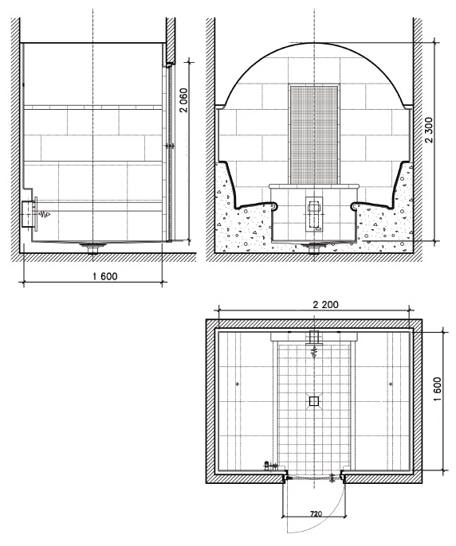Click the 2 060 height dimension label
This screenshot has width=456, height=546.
(x=183, y=100)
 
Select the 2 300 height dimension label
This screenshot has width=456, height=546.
(x=429, y=131)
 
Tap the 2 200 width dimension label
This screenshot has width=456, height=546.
(x=325, y=305)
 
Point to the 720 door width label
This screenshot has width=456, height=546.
(x=316, y=513)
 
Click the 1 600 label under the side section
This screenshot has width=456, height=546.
(x=105, y=276)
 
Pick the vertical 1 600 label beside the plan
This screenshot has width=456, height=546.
(x=437, y=389)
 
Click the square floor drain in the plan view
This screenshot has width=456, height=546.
(x=313, y=401)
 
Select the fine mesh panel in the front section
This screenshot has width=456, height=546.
(x=314, y=135)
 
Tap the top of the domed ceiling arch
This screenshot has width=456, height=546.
(x=315, y=43)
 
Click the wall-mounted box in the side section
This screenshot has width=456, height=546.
(x=27, y=214)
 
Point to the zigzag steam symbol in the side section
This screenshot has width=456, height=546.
(x=44, y=214)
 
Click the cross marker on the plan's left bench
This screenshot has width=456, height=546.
(x=238, y=384)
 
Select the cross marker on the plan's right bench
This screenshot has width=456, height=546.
(x=391, y=384)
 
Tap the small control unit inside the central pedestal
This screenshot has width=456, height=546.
(x=314, y=215)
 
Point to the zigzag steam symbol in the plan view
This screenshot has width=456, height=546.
(x=314, y=353)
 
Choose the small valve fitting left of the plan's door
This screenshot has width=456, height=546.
(x=269, y=465)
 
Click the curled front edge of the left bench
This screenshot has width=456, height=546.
(x=274, y=206)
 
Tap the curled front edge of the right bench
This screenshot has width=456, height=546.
(x=354, y=206)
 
